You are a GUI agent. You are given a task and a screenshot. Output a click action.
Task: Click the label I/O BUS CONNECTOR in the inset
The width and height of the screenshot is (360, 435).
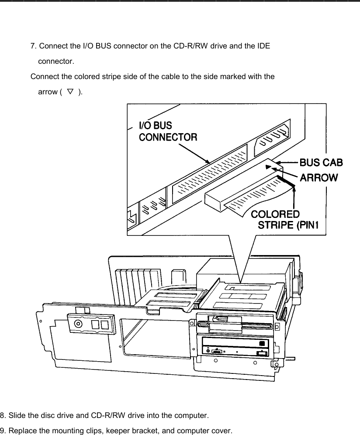click(168, 131)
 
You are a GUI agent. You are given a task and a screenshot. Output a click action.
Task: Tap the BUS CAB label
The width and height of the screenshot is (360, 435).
click(321, 162)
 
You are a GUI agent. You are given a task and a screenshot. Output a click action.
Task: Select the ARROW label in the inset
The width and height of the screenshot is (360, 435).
click(318, 177)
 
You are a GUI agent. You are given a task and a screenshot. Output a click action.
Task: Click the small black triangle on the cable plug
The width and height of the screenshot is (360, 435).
click(268, 167)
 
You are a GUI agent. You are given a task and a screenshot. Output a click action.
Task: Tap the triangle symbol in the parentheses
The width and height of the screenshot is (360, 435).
click(69, 91)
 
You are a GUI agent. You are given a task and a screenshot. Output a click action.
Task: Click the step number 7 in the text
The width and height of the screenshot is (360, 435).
click(32, 45)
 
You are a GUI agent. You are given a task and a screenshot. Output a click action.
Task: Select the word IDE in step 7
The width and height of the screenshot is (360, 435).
click(264, 45)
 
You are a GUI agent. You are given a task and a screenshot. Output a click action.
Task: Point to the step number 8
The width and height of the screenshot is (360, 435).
click(2, 414)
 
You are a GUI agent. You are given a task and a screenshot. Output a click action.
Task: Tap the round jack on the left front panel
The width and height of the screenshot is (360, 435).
click(78, 324)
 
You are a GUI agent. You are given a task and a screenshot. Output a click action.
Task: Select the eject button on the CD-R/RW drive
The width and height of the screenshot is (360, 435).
click(260, 353)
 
